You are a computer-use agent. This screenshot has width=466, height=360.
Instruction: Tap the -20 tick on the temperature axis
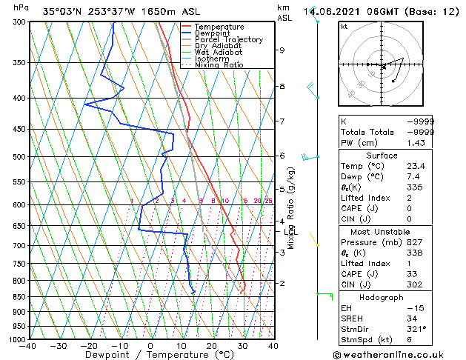click(x=89, y=345)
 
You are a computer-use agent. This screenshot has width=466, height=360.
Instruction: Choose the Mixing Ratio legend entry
click(x=219, y=65)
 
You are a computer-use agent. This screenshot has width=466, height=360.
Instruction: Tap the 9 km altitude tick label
click(x=282, y=50)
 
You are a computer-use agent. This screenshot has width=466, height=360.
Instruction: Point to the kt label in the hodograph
click(x=344, y=27)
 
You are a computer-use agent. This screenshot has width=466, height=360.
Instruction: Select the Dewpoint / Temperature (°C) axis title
click(x=151, y=355)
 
